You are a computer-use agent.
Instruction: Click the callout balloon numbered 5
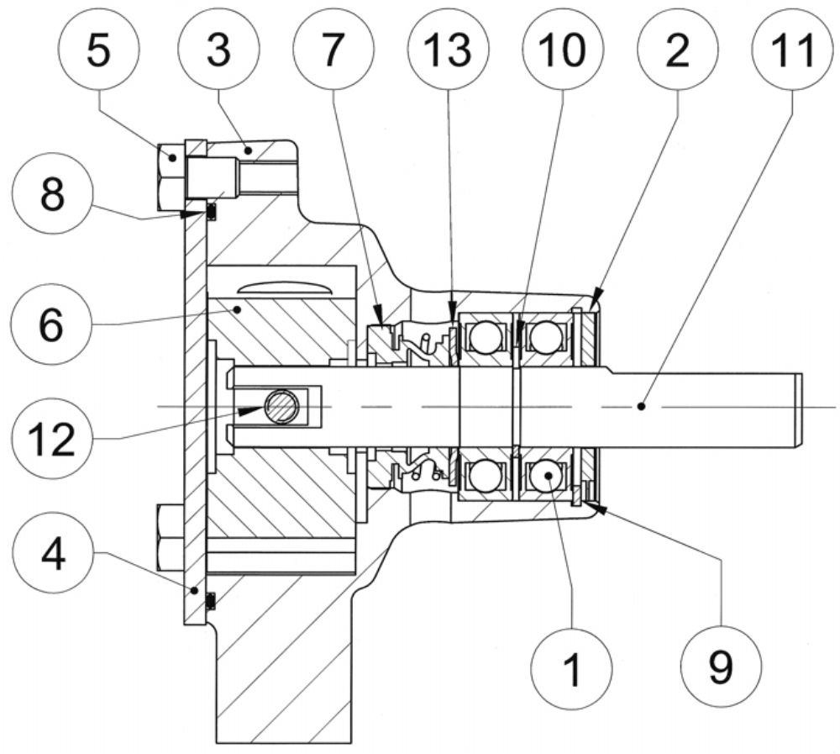click(98, 50)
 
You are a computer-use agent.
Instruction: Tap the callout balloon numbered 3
click(218, 50)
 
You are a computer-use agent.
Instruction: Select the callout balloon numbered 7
click(333, 50)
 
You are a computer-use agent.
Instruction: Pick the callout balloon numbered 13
click(448, 50)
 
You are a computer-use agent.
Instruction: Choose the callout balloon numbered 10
click(563, 50)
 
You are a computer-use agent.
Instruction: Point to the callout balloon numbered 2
click(678, 50)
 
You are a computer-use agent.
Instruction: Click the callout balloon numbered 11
click(793, 50)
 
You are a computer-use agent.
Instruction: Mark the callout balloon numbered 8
click(52, 193)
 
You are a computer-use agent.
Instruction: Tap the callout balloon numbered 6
click(51, 324)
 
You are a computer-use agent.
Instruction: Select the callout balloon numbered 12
click(51, 439)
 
